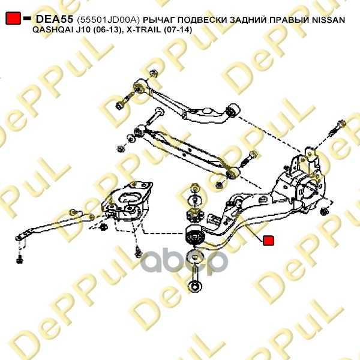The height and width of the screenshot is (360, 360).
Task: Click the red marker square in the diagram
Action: (268, 240)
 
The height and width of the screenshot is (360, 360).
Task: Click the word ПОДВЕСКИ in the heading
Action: (201, 20)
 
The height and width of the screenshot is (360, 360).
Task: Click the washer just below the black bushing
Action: (196, 255)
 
